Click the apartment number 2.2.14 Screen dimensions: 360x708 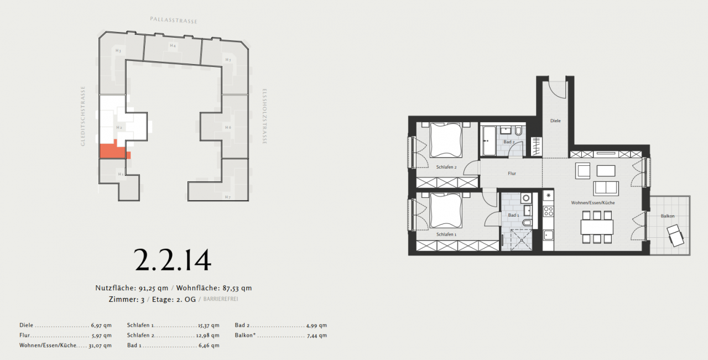pyautogui.click(x=173, y=260)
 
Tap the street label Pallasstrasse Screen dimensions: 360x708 pyautogui.click(x=174, y=20)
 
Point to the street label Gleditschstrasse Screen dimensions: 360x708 pyautogui.click(x=84, y=116)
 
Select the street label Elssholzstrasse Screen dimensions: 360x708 pyautogui.click(x=264, y=116)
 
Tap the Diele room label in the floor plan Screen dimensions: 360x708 pyautogui.click(x=555, y=120)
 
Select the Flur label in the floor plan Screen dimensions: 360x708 pyautogui.click(x=512, y=174)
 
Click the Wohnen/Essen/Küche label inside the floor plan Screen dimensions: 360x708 pyautogui.click(x=593, y=203)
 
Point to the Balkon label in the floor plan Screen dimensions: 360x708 pyautogui.click(x=668, y=216)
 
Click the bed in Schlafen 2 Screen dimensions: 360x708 pyautogui.click(x=446, y=140)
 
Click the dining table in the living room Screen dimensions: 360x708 pyautogui.click(x=597, y=227)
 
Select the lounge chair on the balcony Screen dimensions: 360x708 pyautogui.click(x=676, y=236)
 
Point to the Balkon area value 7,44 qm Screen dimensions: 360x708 pyautogui.click(x=317, y=336)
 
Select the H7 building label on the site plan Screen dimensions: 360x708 pyautogui.click(x=227, y=197)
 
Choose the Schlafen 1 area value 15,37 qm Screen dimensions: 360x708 pyautogui.click(x=209, y=326)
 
